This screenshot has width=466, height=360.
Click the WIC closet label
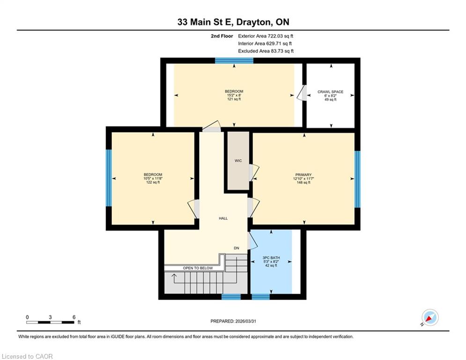tap(238, 161)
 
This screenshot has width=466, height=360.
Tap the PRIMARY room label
tap(303, 175)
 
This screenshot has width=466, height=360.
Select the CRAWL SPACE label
tap(331, 91)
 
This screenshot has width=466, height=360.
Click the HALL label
tap(223, 218)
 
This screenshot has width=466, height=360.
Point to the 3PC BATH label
tap(271, 258)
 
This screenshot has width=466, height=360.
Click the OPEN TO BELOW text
tap(198, 268)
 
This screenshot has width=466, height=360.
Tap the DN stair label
tap(236, 248)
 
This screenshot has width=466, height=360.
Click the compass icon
tap(430, 317)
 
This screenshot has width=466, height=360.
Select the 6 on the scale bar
tap(74, 317)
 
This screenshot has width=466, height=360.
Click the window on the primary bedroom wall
tap(357, 179)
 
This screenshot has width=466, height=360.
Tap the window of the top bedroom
tap(234, 60)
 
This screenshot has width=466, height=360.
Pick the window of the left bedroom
tap(109, 178)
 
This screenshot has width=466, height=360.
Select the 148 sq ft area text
tap(303, 182)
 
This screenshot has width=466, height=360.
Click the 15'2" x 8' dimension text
tap(234, 95)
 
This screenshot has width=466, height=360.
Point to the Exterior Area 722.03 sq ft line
tap(266, 36)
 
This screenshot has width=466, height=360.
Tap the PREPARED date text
tap(233, 321)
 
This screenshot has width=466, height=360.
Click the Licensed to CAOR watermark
tap(27, 356)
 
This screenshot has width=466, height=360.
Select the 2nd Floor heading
tap(222, 36)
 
